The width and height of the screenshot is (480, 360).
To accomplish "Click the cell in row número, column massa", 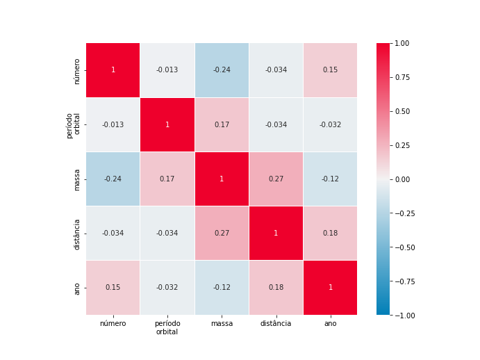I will coord(222,70).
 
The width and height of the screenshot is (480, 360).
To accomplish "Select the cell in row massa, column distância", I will coord(276,179).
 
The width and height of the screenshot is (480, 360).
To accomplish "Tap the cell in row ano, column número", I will coord(113,287).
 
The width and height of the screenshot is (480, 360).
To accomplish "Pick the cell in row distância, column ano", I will coord(330,233).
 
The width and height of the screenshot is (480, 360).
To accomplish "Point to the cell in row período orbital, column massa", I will coord(222,124).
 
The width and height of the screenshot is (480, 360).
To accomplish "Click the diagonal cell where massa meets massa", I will coord(222,179).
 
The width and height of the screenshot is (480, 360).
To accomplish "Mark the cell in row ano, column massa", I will coord(222,287).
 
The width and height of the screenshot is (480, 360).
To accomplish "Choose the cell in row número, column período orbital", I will coord(167,70).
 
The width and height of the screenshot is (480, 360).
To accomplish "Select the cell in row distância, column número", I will coord(113,233).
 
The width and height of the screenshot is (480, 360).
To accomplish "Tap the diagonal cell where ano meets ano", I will coord(330,287).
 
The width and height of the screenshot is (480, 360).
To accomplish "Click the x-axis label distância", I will coord(276,324).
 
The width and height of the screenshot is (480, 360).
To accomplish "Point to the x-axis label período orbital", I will coord(167,328).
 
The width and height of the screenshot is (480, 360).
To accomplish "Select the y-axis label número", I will coord(77,70).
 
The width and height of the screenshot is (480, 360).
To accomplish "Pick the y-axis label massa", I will coord(77,179).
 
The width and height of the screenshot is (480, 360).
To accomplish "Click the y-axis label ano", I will coord(77,287).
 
